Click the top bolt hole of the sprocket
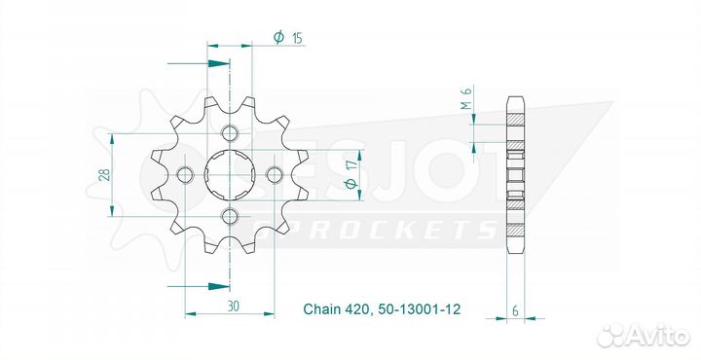[230, 134]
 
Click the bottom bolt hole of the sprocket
[230, 215]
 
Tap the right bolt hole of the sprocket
[274, 175]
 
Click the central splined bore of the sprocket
[231, 175]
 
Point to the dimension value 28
[103, 175]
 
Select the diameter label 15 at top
[297, 38]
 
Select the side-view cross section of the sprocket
[515, 175]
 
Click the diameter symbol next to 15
[278, 38]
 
